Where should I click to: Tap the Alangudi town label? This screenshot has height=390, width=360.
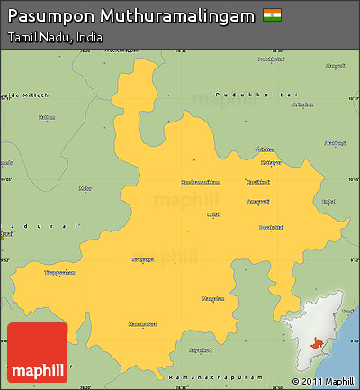335,65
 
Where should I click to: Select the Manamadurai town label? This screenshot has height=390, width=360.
143,322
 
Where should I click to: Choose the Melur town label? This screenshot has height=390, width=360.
85,188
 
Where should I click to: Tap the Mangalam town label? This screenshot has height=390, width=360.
212,297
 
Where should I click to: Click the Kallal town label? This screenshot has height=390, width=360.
213,214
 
